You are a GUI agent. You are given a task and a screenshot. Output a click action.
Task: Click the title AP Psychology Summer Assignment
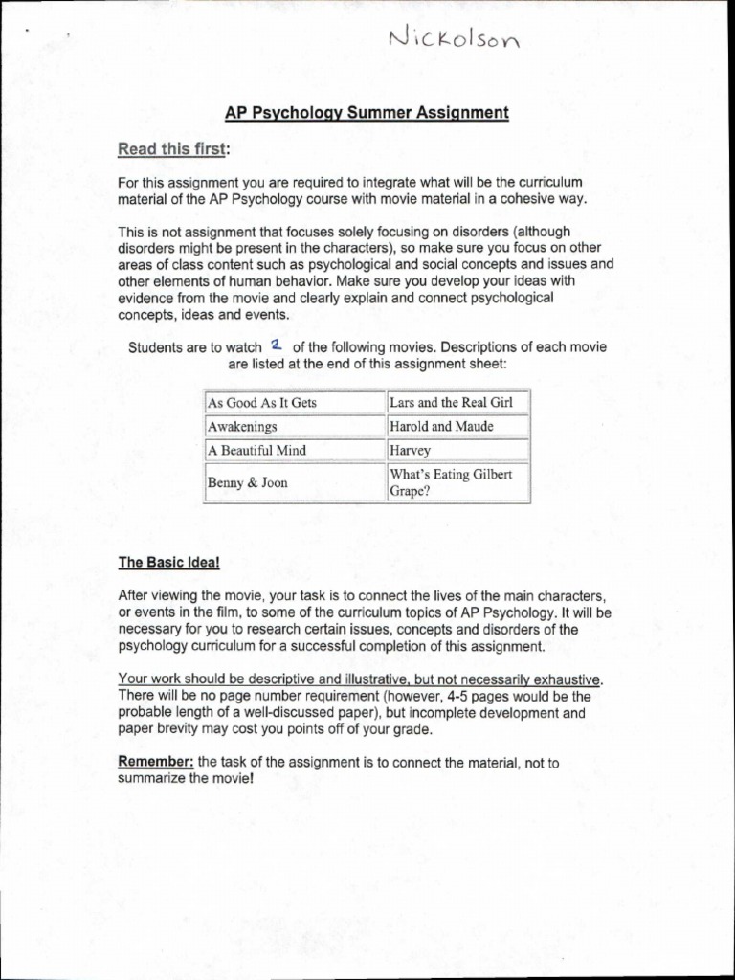pos(367,113)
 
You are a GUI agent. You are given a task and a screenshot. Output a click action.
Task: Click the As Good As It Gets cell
pos(295,402)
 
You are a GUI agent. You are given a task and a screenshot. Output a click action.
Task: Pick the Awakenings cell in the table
pos(295,427)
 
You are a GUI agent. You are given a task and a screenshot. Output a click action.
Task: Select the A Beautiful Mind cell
pos(295,451)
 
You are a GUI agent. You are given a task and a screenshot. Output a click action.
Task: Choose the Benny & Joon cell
pos(295,483)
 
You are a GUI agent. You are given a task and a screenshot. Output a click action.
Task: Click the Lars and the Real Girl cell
pos(457,402)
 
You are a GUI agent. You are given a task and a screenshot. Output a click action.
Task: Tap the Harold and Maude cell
pos(457,427)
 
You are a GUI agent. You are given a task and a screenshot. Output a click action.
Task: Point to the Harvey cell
pos(457,451)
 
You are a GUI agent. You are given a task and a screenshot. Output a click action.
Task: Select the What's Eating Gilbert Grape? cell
pos(457,483)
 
